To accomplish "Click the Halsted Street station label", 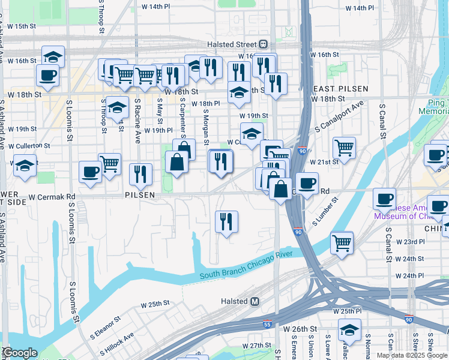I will (x=232, y=44).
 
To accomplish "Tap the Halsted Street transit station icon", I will (x=263, y=44).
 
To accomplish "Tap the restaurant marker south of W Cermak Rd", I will (x=226, y=222).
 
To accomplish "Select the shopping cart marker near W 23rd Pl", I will (x=342, y=242).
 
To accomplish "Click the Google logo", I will (x=19, y=353).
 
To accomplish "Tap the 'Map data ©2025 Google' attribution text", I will (x=411, y=355).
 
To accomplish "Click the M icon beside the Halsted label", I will (x=255, y=301).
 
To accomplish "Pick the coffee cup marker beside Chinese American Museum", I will (x=384, y=199).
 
